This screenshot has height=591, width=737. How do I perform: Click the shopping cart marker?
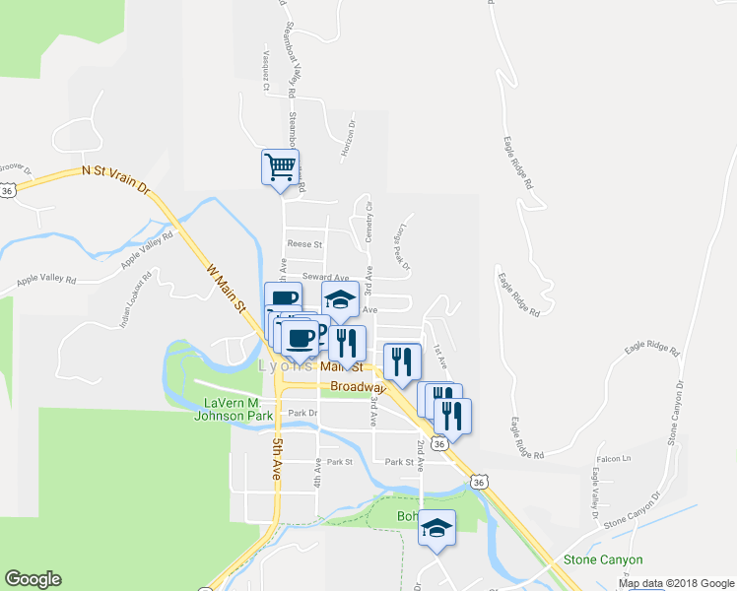tap(281, 166)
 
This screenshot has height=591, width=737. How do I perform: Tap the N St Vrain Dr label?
tap(115, 178)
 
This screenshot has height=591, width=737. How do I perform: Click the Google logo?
tap(33, 579)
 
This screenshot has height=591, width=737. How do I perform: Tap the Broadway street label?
tap(356, 387)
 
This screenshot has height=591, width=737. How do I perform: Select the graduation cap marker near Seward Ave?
tap(340, 300)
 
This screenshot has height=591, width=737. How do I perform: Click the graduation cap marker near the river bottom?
tap(436, 528)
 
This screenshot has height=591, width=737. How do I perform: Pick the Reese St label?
tap(304, 243)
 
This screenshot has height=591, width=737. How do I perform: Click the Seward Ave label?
tap(326, 278)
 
